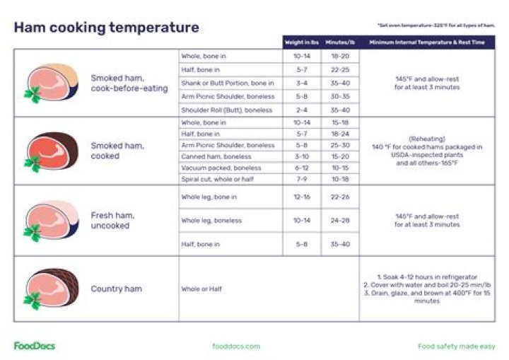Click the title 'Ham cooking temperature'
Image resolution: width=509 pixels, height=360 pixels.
point(106,28)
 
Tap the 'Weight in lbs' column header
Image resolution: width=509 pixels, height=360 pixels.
point(301,42)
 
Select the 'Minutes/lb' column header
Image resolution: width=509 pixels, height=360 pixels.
point(340,42)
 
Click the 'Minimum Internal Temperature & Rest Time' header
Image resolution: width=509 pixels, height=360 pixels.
point(427,42)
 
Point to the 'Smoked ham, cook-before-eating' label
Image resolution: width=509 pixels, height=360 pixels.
point(129,83)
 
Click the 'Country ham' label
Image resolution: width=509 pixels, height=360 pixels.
point(116,289)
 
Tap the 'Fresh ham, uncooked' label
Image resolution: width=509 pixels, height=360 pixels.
point(112,221)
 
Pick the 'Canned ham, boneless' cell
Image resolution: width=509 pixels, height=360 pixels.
point(216,156)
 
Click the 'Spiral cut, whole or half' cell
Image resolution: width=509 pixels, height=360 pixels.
point(218,179)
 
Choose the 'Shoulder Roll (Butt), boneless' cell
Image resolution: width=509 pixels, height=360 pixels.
point(226,110)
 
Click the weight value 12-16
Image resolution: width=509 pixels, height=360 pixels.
point(301,197)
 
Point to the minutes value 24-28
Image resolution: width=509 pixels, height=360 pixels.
point(340,221)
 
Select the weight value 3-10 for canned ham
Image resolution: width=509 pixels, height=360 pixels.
point(301,156)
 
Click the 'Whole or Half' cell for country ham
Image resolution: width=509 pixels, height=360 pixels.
point(201,289)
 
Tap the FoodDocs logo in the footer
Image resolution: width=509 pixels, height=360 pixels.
point(34,346)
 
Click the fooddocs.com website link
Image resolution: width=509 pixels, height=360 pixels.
point(236,346)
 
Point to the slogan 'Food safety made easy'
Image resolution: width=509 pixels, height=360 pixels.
point(456,346)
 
